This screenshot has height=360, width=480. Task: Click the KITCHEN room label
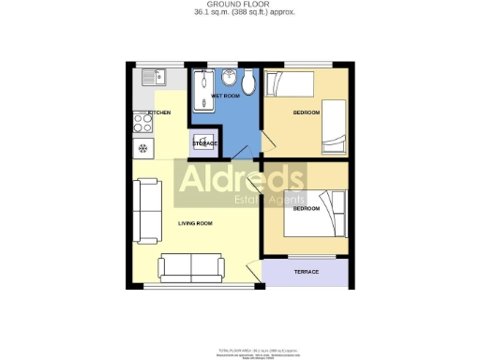pyautogui.click(x=158, y=112)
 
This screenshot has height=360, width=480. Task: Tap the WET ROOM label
pyautogui.click(x=225, y=96)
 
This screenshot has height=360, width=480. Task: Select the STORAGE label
pyautogui.click(x=205, y=143)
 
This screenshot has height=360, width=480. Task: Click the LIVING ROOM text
pyautogui.click(x=195, y=223)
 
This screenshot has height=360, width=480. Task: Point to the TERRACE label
pyautogui.click(x=307, y=272)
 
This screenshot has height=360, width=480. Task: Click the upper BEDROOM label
pyautogui.click(x=307, y=112)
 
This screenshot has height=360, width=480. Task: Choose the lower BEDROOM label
pyautogui.click(x=307, y=209)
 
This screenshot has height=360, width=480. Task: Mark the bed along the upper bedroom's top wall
pyautogui.click(x=291, y=86)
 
